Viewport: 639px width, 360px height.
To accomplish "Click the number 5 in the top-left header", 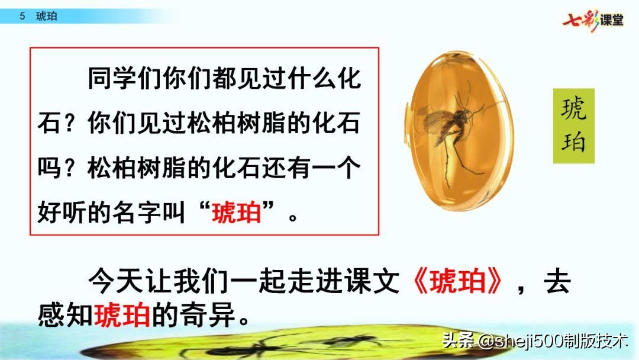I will (x=22, y=17).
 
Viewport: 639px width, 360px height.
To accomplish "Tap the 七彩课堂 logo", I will (x=593, y=19).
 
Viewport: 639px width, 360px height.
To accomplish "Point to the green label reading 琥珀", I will (x=573, y=126).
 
